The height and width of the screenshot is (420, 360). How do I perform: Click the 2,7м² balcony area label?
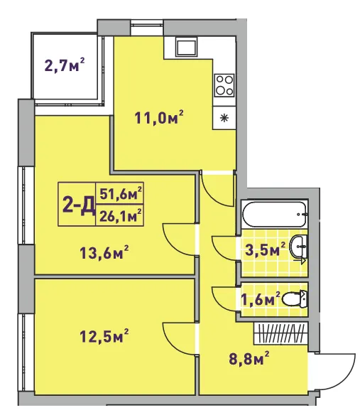tap(65, 65)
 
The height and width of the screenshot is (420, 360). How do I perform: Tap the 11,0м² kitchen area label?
tap(159, 117)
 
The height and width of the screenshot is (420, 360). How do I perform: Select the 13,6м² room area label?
tap(104, 252)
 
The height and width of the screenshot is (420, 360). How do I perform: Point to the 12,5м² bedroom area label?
tap(104, 335)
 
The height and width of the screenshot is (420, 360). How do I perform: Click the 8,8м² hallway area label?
tap(249, 358)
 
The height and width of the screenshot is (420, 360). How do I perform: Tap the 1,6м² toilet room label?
tap(261, 298)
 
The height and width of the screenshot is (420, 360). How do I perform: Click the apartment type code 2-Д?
tap(79, 205)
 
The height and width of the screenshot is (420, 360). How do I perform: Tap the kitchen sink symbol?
tap(186, 47)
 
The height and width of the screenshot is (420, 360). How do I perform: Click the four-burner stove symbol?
tap(224, 85)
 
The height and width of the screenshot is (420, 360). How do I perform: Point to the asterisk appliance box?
tap(224, 118)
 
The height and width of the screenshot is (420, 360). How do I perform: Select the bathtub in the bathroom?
tap(274, 214)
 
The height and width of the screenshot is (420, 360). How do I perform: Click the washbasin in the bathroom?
tap(300, 247)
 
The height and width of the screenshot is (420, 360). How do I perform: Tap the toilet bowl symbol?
tap(295, 298)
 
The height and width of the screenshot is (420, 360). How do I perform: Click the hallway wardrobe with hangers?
tap(280, 333)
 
